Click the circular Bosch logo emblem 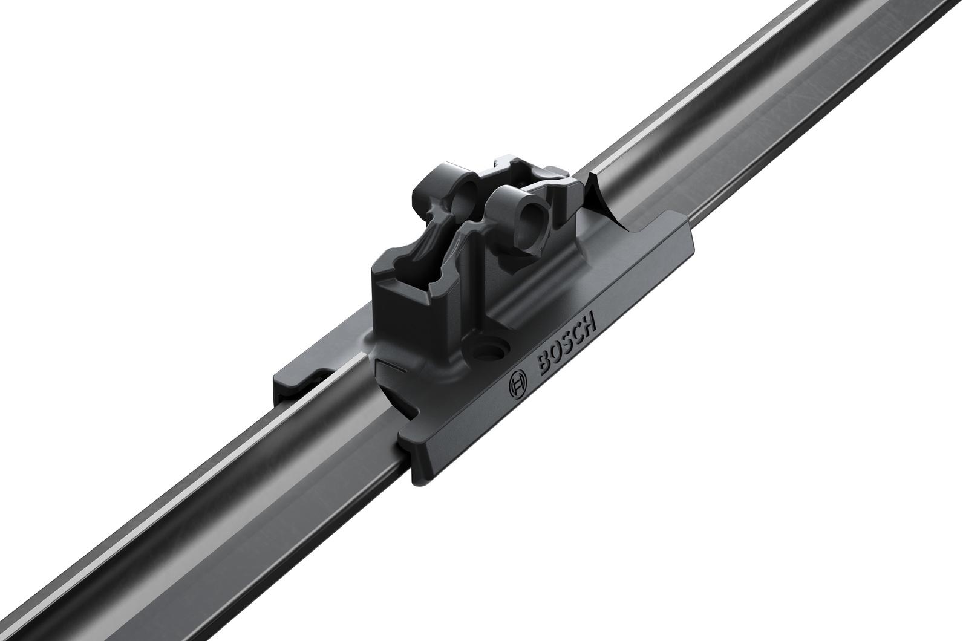[518, 382]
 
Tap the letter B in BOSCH [540, 365]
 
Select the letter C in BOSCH [578, 331]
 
